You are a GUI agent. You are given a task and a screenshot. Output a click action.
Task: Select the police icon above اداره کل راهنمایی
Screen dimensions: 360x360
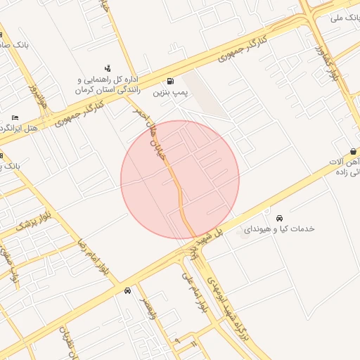(108, 68)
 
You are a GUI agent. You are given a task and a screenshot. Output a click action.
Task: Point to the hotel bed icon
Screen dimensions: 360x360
(15, 117)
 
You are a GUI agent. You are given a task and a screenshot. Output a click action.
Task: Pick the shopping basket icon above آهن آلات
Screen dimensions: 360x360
(353, 151)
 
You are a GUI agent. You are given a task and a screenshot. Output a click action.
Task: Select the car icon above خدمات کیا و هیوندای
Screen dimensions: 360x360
(280, 217)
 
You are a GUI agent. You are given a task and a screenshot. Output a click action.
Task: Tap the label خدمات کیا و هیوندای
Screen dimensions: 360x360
(279, 229)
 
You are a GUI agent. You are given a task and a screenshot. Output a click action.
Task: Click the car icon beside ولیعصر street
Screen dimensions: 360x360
(127, 290)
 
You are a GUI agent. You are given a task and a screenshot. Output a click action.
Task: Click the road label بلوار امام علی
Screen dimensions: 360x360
(198, 292)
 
